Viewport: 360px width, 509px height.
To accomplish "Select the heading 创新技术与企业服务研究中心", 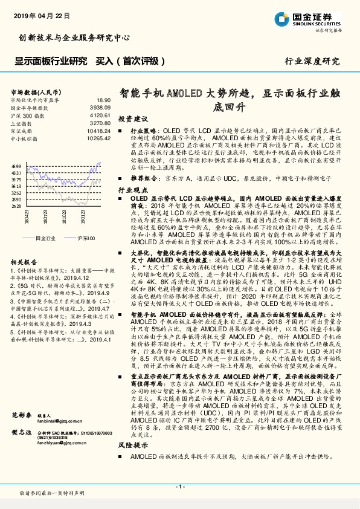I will [75, 37].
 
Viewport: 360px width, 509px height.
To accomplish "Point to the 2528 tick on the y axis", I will [16, 206].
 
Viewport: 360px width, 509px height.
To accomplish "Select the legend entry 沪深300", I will [85, 238].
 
